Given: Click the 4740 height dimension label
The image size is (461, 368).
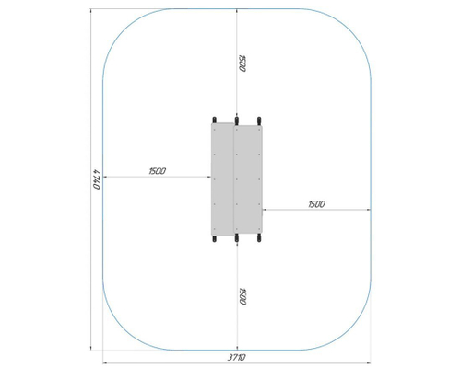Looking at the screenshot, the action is tap(97, 179).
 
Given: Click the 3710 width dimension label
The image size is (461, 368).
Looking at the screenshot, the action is tap(237, 357).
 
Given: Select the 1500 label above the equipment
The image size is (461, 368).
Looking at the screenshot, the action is tap(242, 63).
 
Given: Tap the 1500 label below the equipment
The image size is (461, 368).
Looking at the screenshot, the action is tap(242, 296).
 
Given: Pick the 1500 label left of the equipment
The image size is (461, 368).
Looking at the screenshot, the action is tap(158, 171).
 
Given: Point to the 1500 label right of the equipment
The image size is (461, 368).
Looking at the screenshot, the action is tap(316, 204).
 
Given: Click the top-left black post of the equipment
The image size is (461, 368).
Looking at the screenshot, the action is tap(214, 120).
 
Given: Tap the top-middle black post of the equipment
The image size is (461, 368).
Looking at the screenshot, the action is tap(237, 121).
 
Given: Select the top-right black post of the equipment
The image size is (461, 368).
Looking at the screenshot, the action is tap(259, 121).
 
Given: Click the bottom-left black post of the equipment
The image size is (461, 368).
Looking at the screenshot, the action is tap(214, 238).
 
